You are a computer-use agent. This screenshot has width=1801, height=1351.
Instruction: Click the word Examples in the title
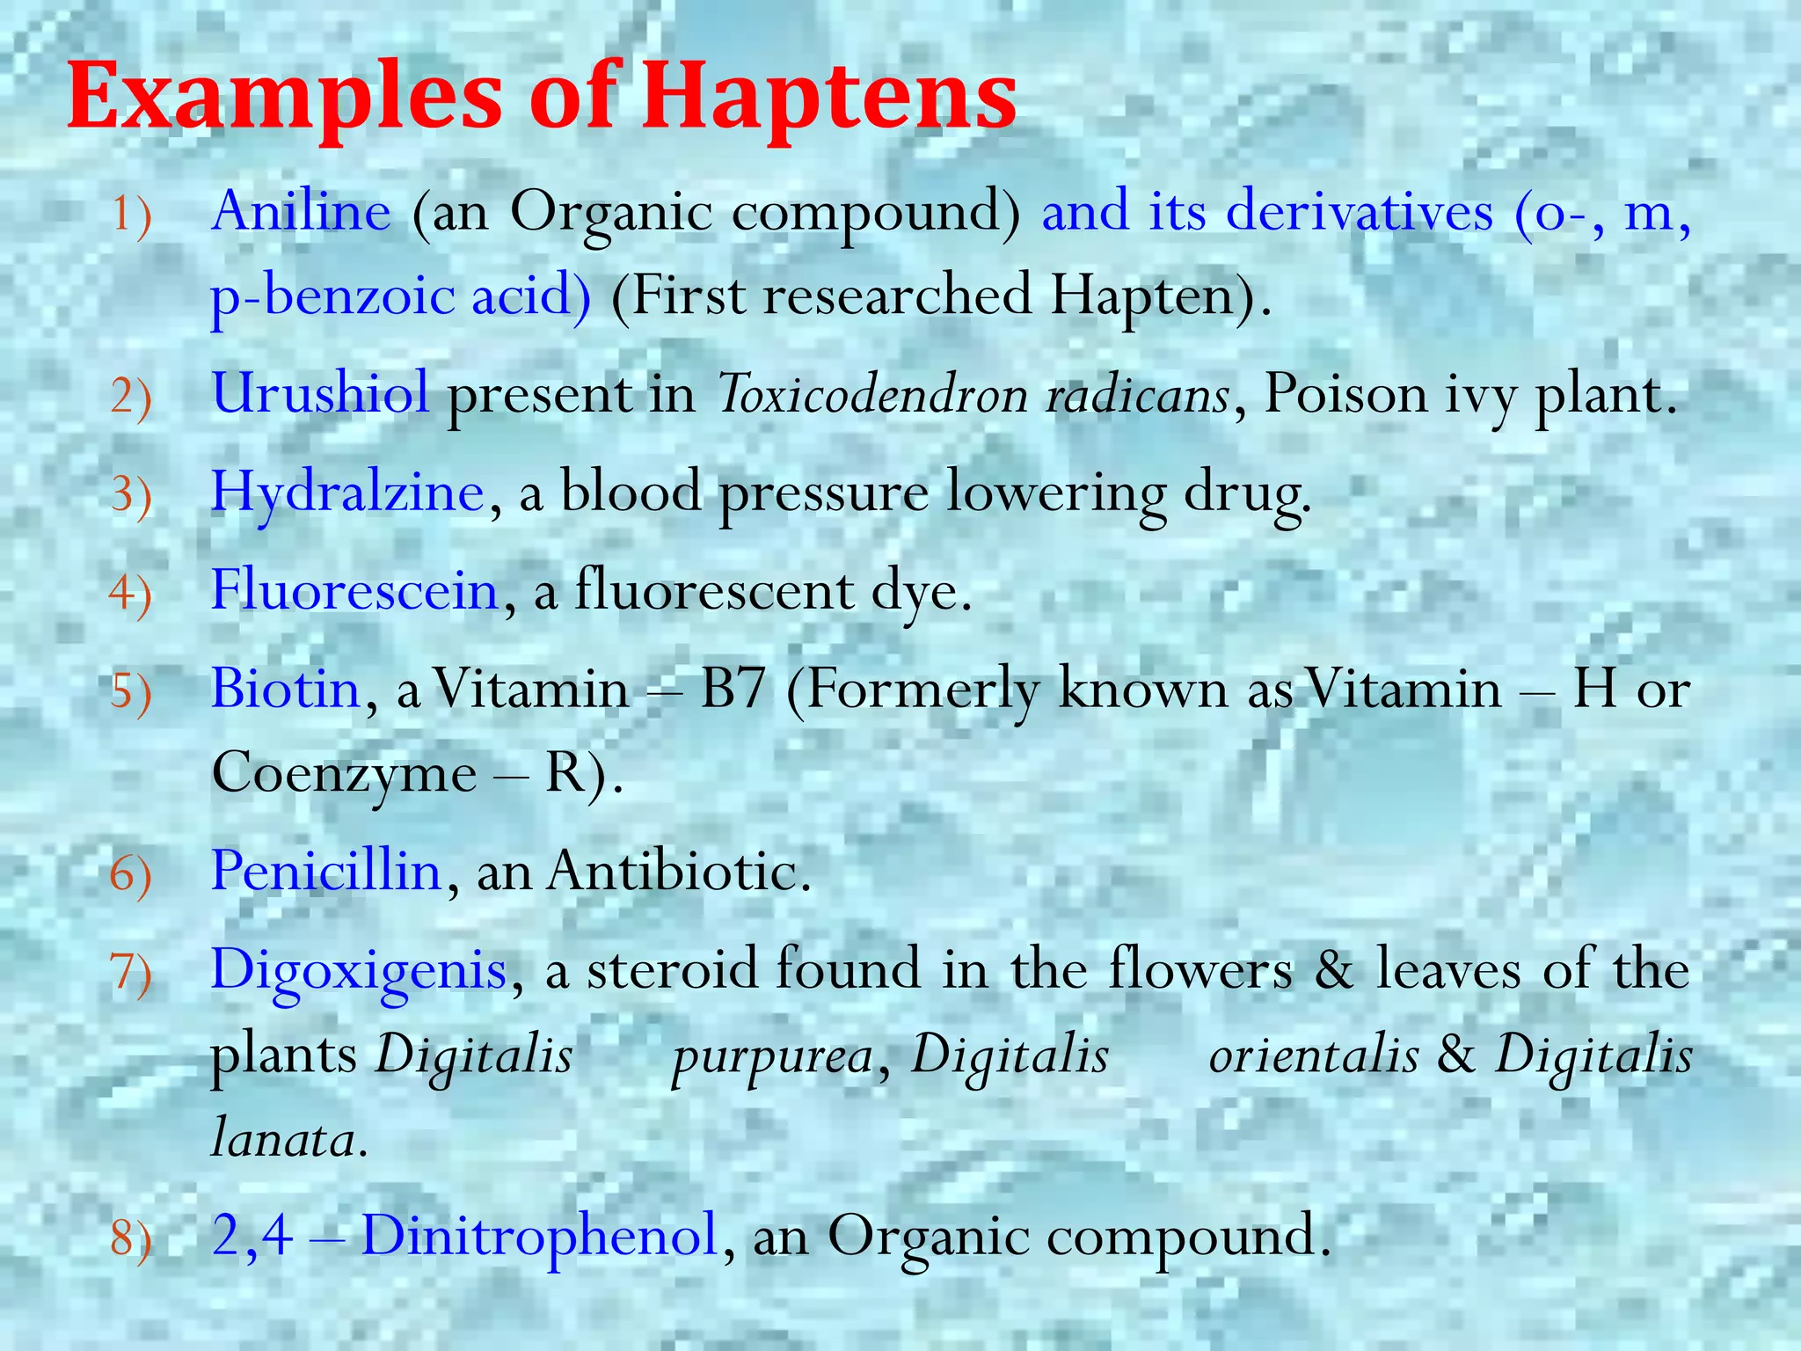(285, 99)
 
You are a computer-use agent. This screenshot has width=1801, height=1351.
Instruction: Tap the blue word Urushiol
(320, 393)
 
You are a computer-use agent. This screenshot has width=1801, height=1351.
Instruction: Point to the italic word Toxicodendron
(871, 395)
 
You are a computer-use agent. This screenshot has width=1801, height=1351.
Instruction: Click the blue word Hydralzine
(347, 492)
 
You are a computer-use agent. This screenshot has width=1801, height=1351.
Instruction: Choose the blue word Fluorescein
(355, 590)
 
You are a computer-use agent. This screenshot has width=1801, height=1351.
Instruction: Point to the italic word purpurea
(771, 1056)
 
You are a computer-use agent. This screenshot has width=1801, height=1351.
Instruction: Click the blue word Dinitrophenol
(540, 1236)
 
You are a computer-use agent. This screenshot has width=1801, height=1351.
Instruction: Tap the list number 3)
(131, 494)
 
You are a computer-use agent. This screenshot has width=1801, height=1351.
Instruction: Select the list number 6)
(131, 875)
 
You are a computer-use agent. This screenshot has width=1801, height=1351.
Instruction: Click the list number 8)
(131, 1239)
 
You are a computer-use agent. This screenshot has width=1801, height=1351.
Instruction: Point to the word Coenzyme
(344, 775)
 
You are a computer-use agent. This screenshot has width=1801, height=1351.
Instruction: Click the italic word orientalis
(1314, 1056)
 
